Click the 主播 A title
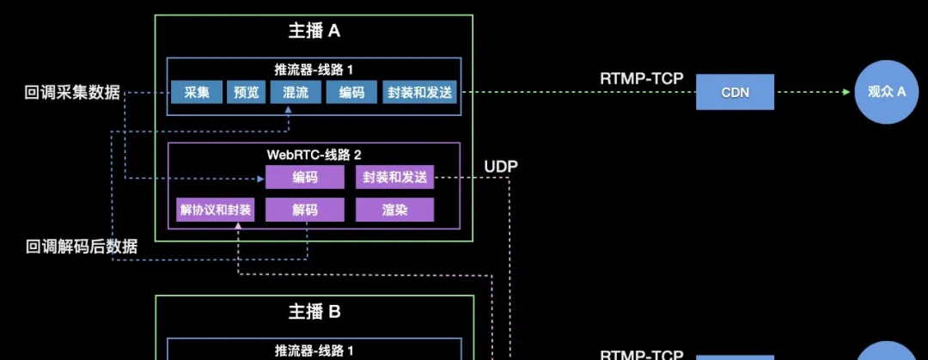[314, 32]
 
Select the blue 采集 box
[197, 92]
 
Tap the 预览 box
[247, 92]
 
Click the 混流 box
[295, 92]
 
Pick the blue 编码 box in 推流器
[351, 92]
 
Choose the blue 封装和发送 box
[418, 92]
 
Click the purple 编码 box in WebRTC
[304, 178]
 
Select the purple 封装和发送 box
[394, 178]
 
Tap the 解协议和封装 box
[215, 210]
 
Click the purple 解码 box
[304, 210]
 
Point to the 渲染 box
[394, 210]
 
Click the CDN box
[735, 92]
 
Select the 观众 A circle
[887, 92]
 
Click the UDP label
[501, 166]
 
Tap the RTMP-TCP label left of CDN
[641, 79]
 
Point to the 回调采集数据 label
[72, 93]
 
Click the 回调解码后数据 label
[81, 247]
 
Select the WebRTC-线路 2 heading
[314, 154]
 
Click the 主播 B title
[314, 312]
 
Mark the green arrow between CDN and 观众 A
[813, 92]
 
